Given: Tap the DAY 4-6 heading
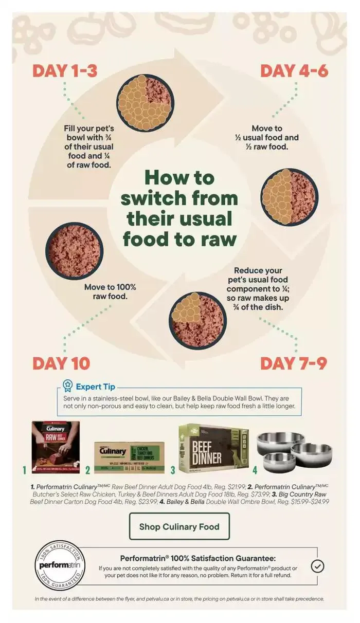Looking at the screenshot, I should pyautogui.click(x=294, y=70).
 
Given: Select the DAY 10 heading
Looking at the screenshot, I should pyautogui.click(x=61, y=363).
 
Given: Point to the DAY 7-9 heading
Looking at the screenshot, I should pyautogui.click(x=294, y=363).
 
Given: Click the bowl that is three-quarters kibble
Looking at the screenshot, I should pyautogui.click(x=145, y=103).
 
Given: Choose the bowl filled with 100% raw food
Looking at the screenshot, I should pyautogui.click(x=75, y=250).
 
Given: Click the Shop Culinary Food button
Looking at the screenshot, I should pyautogui.click(x=179, y=526).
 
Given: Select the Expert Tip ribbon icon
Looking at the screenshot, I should pyautogui.click(x=68, y=386).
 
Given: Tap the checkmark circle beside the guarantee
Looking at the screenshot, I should pyautogui.click(x=318, y=566).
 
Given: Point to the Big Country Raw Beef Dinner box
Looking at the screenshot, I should pyautogui.click(x=213, y=449).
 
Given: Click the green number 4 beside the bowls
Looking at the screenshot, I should pyautogui.click(x=255, y=470).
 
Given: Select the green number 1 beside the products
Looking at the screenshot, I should pyautogui.click(x=24, y=470).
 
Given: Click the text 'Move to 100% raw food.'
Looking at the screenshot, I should pyautogui.click(x=110, y=291).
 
